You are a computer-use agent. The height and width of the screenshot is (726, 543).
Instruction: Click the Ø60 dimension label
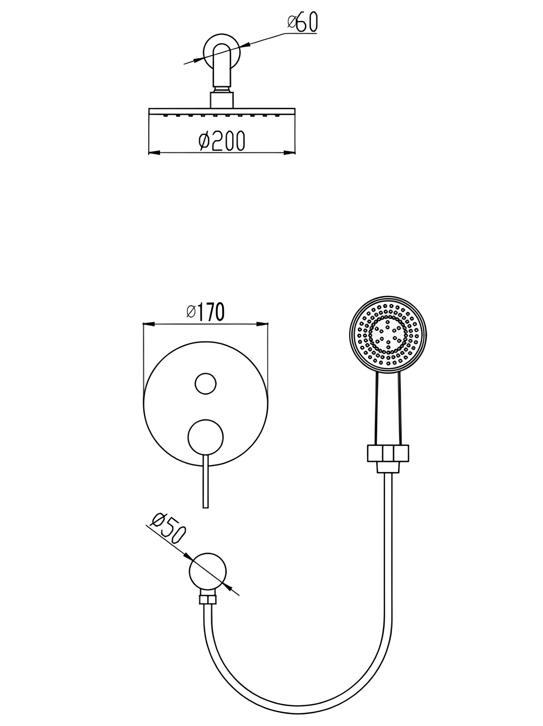click(302, 22)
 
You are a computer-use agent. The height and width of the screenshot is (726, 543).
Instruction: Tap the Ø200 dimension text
click(222, 141)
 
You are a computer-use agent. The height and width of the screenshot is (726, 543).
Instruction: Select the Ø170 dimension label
click(206, 312)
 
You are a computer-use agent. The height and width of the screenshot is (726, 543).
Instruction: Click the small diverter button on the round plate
click(206, 383)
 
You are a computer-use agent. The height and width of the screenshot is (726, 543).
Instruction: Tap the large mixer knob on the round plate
click(206, 437)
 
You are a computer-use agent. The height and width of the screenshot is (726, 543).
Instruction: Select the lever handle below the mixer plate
click(206, 481)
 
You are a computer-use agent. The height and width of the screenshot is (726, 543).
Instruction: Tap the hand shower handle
click(388, 409)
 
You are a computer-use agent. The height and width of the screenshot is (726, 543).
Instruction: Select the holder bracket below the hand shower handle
click(388, 458)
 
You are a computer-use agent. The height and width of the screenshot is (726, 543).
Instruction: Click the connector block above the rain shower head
click(222, 100)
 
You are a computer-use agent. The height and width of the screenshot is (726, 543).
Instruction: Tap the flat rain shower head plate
click(222, 112)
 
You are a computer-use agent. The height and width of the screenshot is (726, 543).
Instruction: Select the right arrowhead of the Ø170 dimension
click(262, 324)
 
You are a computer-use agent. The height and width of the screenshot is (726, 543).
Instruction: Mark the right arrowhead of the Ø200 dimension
click(289, 152)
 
